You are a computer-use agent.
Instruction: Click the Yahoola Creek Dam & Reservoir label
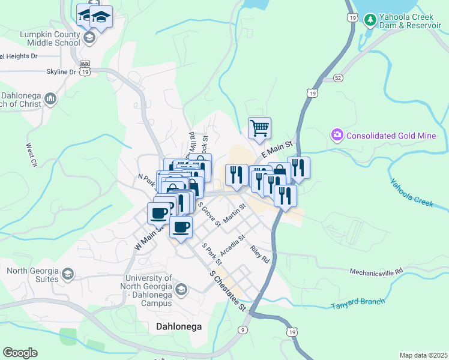click(410, 21)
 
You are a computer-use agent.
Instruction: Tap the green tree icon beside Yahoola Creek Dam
click(370, 20)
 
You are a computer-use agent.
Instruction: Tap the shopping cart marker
click(259, 127)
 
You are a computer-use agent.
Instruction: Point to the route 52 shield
click(338, 78)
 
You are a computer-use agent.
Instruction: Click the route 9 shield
click(243, 329)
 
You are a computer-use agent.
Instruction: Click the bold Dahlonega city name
click(178, 327)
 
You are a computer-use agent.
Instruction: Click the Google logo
click(20, 353)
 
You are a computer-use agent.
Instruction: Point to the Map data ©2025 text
click(423, 355)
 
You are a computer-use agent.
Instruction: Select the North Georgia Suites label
click(33, 275)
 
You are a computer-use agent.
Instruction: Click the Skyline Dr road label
click(61, 72)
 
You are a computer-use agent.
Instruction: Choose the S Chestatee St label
click(228, 290)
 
